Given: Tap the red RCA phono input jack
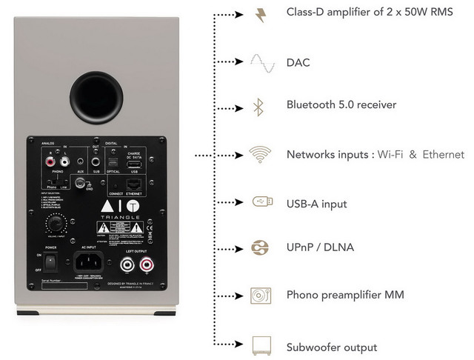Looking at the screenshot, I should coord(50,159).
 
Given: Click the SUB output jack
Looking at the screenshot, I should coord(96,160).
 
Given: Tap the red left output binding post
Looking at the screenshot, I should coord(144,263).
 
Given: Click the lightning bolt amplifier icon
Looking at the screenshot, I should coord(260,15).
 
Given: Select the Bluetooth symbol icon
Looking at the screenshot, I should coord(258,106).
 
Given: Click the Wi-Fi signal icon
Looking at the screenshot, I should coord(259,154).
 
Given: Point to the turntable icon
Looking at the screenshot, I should coord(260,294).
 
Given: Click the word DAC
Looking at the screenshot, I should coord(298,63).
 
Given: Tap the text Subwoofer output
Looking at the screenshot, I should coord(331,347).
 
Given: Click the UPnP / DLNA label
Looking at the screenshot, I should coord(319,247).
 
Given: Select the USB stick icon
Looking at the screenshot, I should coord(260,201).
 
